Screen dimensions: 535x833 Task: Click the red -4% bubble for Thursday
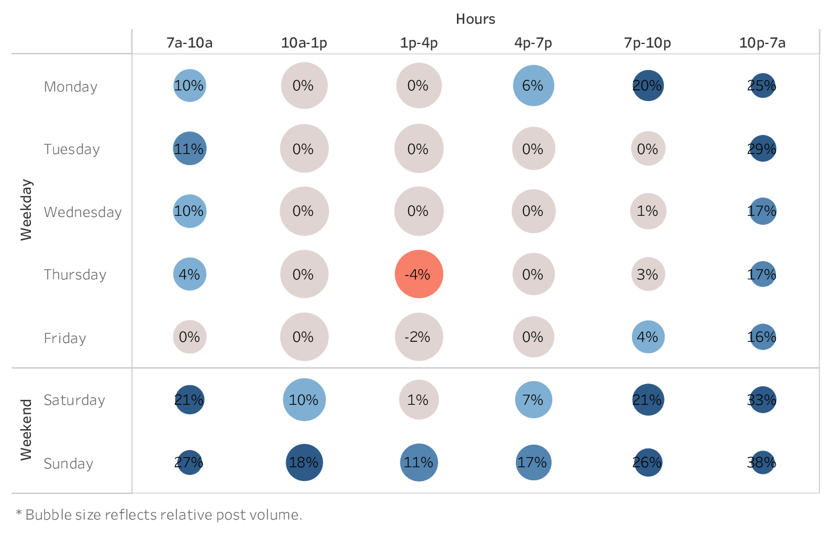tap(419, 274)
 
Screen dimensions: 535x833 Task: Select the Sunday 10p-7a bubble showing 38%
tap(763, 462)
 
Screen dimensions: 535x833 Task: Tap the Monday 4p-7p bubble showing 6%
tap(533, 86)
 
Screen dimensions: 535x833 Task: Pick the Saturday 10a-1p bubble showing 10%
tap(304, 400)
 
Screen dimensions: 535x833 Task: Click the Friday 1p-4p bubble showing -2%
tap(419, 337)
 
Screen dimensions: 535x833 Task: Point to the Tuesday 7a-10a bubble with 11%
tap(189, 149)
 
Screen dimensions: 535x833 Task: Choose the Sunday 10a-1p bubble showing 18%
tap(304, 462)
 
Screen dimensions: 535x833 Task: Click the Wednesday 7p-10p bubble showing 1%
tap(648, 211)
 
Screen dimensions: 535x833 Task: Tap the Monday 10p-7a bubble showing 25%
tap(763, 86)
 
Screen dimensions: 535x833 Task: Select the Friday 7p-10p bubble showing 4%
tap(648, 337)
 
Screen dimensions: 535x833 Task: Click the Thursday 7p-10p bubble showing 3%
tap(648, 274)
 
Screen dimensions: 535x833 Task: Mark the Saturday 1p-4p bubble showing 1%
tap(419, 400)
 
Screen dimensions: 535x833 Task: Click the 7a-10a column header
tap(189, 43)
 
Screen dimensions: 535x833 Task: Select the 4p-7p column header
tap(533, 43)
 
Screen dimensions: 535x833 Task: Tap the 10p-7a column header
tap(762, 43)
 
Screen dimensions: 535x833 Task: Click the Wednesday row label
tap(83, 212)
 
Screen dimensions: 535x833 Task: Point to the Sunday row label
tap(68, 464)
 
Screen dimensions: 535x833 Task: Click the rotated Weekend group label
tap(26, 430)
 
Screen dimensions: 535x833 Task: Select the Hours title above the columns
tap(475, 19)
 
